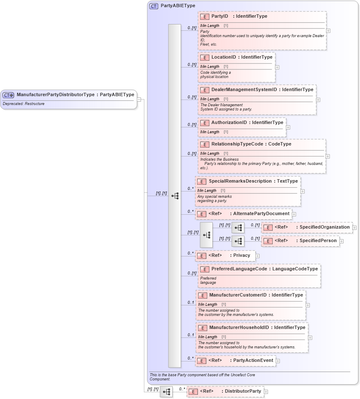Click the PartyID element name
click(219, 16)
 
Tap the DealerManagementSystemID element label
click(244, 90)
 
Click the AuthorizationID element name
click(229, 123)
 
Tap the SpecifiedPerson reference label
click(318, 241)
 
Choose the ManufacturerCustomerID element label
click(238, 295)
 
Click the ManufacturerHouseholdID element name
click(239, 327)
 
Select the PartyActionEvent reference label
click(253, 361)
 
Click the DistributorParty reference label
click(243, 391)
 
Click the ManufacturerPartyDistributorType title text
click(55, 95)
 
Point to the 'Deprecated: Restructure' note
click(24, 104)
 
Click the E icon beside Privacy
click(202, 256)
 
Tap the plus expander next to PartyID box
click(328, 31)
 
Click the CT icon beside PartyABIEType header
click(154, 6)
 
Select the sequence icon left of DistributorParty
click(166, 392)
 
